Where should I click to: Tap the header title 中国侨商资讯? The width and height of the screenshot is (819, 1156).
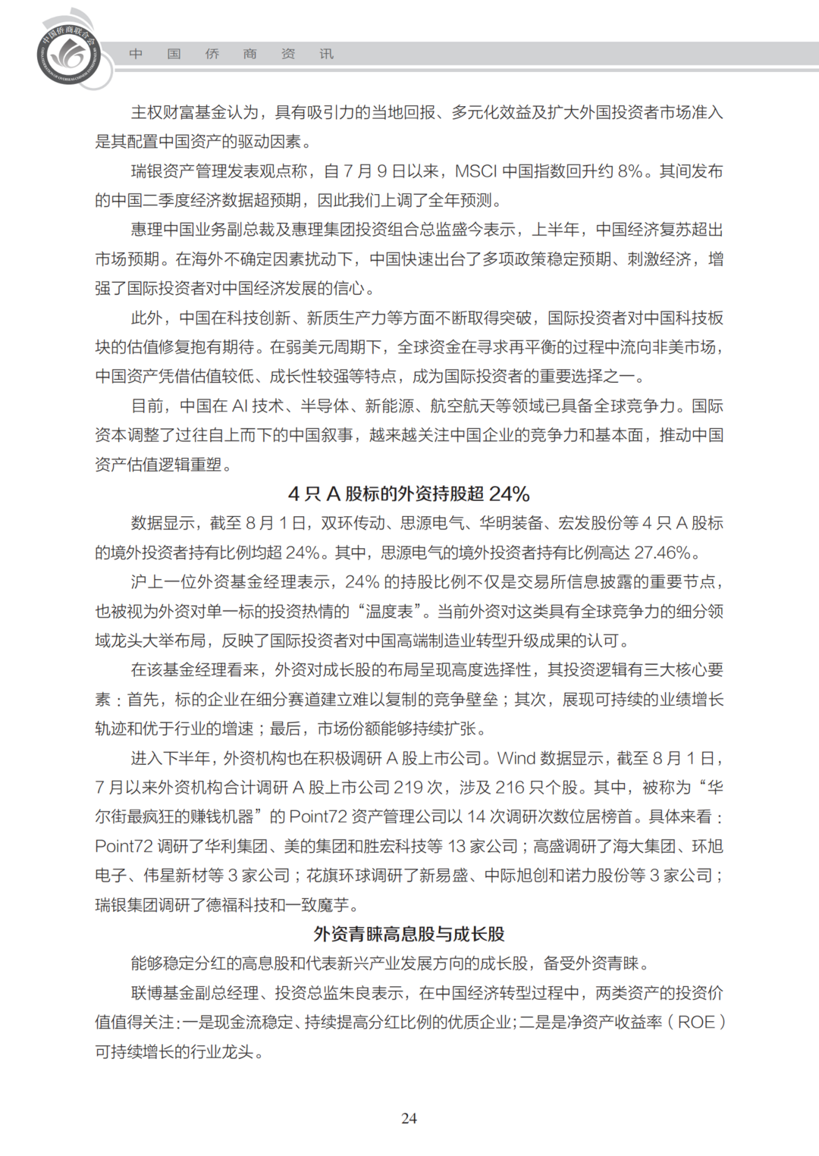[231, 54]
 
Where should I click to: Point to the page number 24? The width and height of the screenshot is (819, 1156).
[409, 1118]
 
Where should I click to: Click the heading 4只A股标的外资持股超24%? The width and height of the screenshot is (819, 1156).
[409, 494]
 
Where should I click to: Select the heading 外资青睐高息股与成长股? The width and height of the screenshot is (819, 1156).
[409, 934]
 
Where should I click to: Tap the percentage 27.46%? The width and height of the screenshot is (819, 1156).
[662, 553]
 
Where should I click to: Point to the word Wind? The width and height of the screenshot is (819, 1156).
[516, 758]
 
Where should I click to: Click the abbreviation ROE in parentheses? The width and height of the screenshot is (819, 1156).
[696, 1022]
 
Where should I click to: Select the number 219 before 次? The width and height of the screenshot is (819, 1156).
[408, 788]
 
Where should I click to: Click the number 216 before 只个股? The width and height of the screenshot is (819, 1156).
[510, 788]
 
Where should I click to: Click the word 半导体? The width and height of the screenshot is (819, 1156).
[325, 406]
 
